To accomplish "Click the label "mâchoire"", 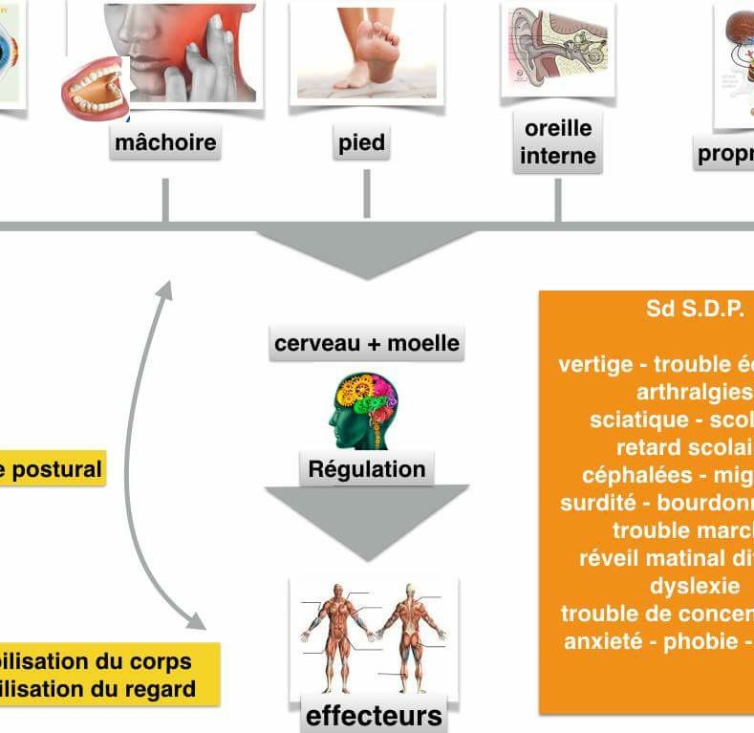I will click(x=165, y=143).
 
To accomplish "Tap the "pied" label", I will click(x=361, y=143).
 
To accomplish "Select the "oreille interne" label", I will click(x=557, y=142).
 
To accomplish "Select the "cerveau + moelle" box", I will click(x=367, y=343).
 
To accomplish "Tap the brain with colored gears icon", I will click(x=363, y=411).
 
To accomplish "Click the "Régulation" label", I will click(x=367, y=469).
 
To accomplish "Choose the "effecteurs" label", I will click(x=374, y=715).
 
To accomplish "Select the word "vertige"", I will click(x=595, y=364).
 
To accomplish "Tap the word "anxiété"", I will click(x=598, y=640).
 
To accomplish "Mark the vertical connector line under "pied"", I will click(x=366, y=193).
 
